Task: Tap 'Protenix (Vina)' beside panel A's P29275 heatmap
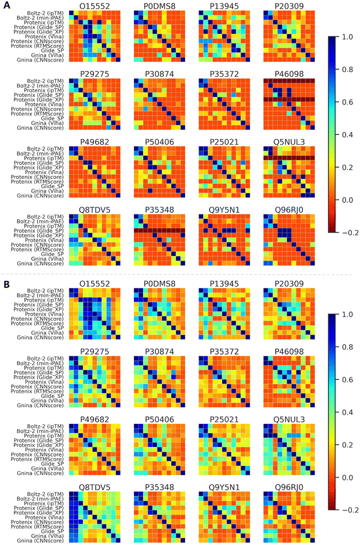tap(44, 104)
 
